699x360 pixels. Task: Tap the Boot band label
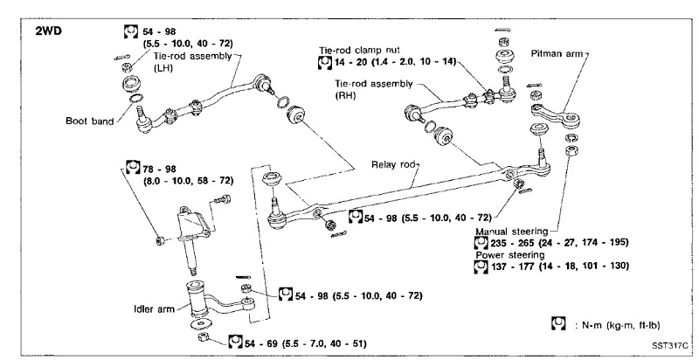[x=87, y=121]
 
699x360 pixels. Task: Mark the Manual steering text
[x=511, y=231]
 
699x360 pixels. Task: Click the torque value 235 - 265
[x=516, y=242]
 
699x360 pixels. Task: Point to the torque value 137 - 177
[x=516, y=265]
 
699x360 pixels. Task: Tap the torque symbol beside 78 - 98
[x=133, y=167]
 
